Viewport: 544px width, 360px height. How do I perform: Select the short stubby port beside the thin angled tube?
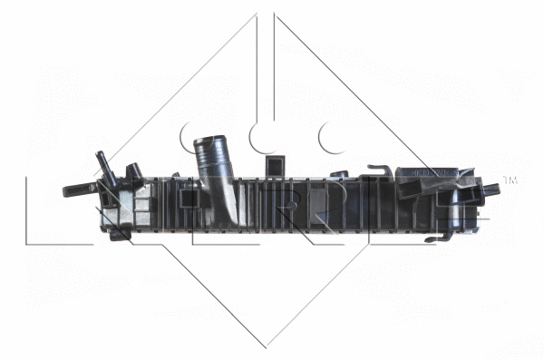(x=133, y=170)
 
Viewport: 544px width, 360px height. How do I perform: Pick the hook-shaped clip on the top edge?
(x=380, y=170)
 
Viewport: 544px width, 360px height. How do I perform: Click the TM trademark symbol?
(x=510, y=180)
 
